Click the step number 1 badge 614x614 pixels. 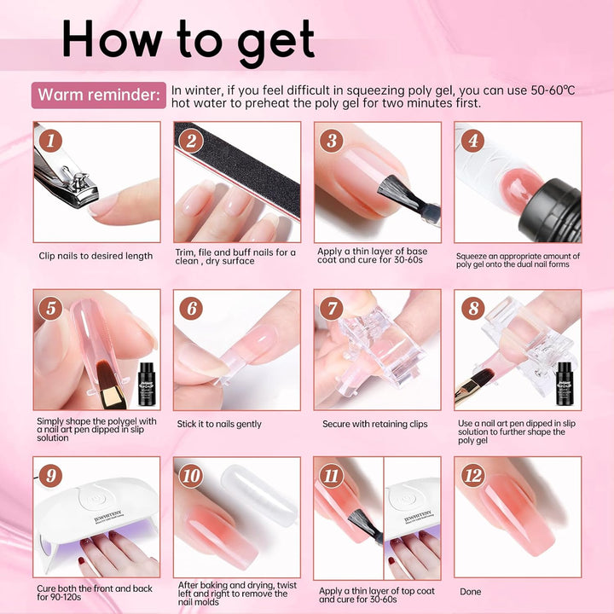[51, 141]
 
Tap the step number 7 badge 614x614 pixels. [333, 309]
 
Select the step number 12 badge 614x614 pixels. [472, 476]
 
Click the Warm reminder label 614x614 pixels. [99, 95]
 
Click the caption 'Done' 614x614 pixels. [470, 591]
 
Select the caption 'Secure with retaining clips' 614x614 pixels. [375, 424]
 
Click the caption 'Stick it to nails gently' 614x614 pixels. [219, 424]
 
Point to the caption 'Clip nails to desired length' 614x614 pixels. [96, 256]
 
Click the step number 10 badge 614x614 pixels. [192, 476]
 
